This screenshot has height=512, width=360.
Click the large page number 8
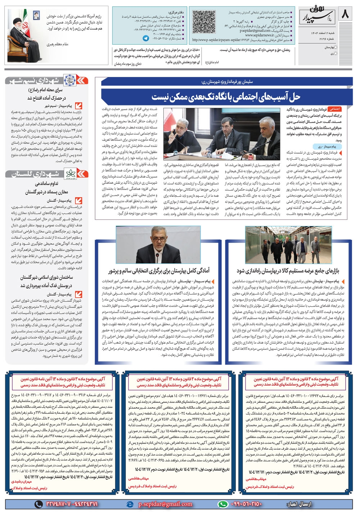click(345, 15)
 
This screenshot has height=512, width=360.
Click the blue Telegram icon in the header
click(146, 38)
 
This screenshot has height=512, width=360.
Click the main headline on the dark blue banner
click(226, 96)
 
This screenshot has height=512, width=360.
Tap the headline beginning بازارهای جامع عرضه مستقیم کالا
click(288, 271)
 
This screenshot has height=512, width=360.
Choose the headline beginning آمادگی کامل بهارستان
click(159, 271)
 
